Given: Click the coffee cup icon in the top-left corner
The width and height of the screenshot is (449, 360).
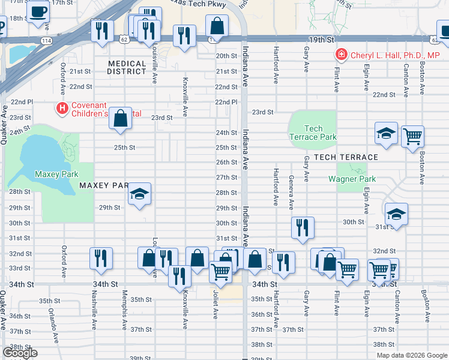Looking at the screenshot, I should pyautogui.click(x=39, y=13).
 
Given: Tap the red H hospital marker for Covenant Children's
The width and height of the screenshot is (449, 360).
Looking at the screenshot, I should pyautogui.click(x=61, y=108).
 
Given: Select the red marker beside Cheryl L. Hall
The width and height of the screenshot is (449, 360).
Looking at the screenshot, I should pyautogui.click(x=341, y=55).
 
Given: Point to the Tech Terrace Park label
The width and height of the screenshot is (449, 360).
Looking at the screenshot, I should pyautogui.click(x=313, y=133).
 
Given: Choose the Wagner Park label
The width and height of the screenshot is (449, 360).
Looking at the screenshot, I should pyautogui.click(x=352, y=179).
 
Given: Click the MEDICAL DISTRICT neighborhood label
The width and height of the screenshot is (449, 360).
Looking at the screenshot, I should pyautogui.click(x=127, y=67).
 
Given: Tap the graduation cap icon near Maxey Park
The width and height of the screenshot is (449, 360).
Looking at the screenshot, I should pyautogui.click(x=139, y=194).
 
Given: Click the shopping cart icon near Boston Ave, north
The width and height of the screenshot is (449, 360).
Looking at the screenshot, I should pyautogui.click(x=413, y=136).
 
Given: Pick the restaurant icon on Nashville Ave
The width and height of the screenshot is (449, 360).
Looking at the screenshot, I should pyautogui.click(x=101, y=258).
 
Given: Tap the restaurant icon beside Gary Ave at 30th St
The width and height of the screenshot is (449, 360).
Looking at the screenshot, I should pyautogui.click(x=303, y=227).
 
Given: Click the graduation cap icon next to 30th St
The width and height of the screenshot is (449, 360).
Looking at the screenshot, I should pyautogui.click(x=396, y=215).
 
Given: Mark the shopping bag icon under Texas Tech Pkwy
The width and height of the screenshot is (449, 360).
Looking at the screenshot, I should pyautogui.click(x=217, y=26).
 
